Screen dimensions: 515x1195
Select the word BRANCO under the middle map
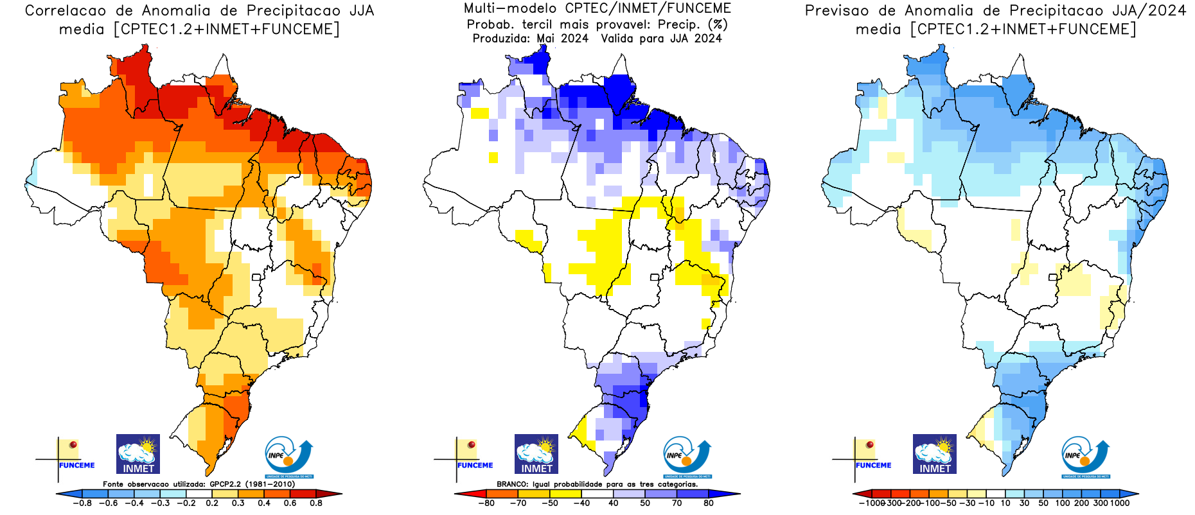click(x=513, y=484)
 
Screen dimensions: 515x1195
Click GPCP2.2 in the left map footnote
click(x=224, y=484)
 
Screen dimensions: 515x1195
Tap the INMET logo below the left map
click(x=138, y=454)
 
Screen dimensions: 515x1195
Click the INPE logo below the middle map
click(x=687, y=457)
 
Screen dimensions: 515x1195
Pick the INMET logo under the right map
click(x=935, y=454)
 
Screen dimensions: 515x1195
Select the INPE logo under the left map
click(x=288, y=457)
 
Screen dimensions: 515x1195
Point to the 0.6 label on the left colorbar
click(x=290, y=503)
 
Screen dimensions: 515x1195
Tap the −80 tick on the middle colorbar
click(x=486, y=503)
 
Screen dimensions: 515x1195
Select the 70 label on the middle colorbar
click(x=677, y=503)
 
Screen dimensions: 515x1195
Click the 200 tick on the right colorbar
click(x=1081, y=503)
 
